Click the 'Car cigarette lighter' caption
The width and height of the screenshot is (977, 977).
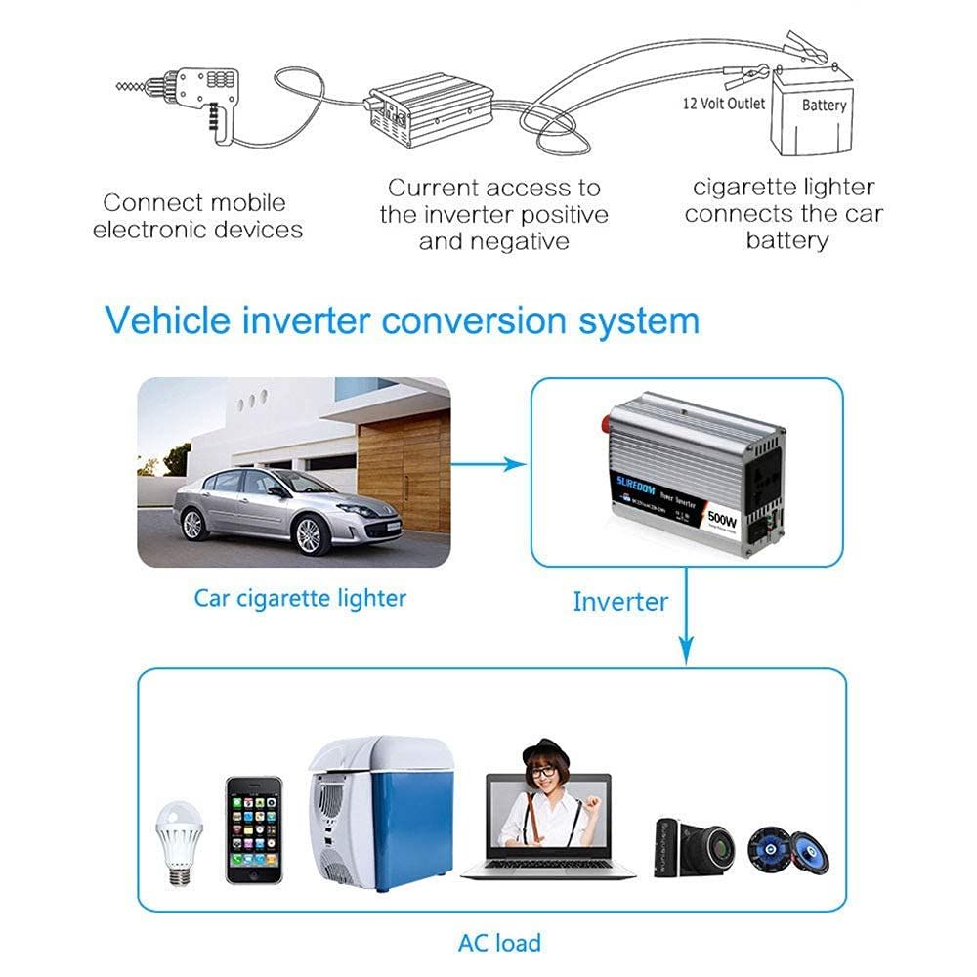tap(299, 597)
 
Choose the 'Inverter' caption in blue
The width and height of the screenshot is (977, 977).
tap(620, 601)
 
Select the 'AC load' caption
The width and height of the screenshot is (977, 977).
tap(499, 942)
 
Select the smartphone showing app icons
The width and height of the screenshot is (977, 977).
tap(254, 830)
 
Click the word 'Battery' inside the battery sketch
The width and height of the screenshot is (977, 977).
tap(824, 105)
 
